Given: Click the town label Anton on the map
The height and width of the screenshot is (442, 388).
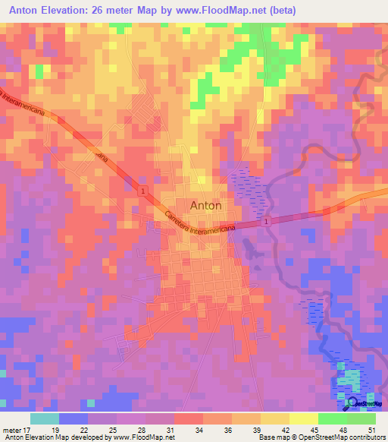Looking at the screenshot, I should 205,205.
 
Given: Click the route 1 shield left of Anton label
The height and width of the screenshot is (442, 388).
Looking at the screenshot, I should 143,191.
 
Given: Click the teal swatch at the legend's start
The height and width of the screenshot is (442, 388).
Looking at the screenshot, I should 44,418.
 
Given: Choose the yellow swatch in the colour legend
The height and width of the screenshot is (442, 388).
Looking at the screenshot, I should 303,418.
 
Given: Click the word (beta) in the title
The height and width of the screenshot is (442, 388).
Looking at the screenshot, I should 280,11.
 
